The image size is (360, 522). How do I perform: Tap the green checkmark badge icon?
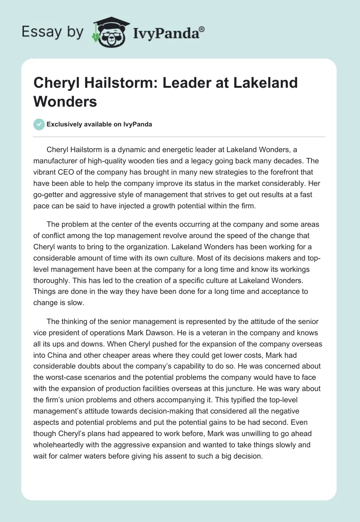[x=39, y=124]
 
